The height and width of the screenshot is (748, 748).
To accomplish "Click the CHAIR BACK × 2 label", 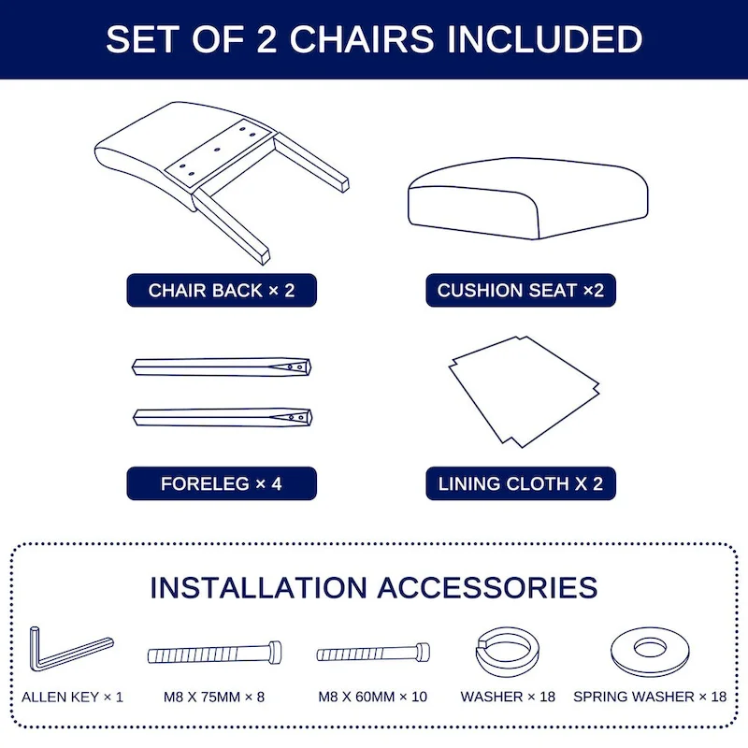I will tap(222, 291).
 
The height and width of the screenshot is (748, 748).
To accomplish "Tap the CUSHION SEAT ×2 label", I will tap(521, 291).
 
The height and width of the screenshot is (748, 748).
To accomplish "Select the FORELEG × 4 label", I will tap(222, 484).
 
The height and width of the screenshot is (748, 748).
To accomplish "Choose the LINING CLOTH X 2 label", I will tap(521, 484).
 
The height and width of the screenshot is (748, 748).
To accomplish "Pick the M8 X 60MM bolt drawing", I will tap(375, 653).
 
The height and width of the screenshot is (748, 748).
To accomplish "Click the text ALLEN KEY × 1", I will tap(72, 697).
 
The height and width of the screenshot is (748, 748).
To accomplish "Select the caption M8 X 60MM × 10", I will tap(373, 697).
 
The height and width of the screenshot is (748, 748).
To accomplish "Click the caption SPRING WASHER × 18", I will tap(649, 697).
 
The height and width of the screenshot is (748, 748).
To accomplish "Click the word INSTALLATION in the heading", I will tap(259, 587).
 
